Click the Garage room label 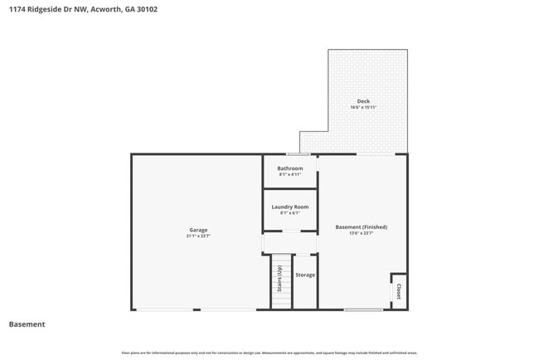pyautogui.click(x=197, y=230)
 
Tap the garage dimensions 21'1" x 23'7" pyautogui.click(x=197, y=236)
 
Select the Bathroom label pyautogui.click(x=290, y=168)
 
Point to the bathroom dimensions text pyautogui.click(x=290, y=175)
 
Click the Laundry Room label pyautogui.click(x=290, y=207)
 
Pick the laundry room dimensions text pyautogui.click(x=290, y=213)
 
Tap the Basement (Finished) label pyautogui.click(x=361, y=226)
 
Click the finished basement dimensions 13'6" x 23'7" pyautogui.click(x=361, y=233)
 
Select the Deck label pyautogui.click(x=363, y=101)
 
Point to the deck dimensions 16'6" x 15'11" pyautogui.click(x=363, y=108)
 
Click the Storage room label pyautogui.click(x=305, y=275)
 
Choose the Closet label pyautogui.click(x=399, y=292)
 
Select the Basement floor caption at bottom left pyautogui.click(x=27, y=324)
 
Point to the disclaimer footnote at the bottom pyautogui.click(x=269, y=353)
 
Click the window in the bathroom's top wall pyautogui.click(x=299, y=154)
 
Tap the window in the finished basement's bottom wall pyautogui.click(x=363, y=309)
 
